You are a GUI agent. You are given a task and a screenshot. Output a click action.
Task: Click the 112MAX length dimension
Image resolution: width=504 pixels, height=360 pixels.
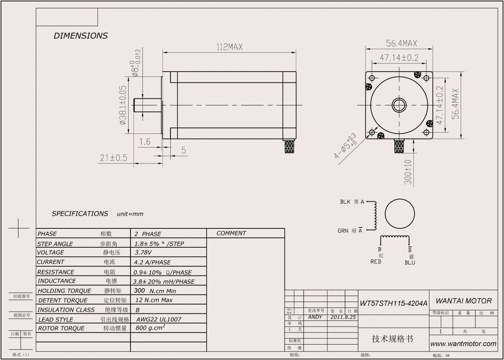[229, 47]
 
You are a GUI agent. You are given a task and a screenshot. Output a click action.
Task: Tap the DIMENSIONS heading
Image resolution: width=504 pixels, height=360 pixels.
[80, 36]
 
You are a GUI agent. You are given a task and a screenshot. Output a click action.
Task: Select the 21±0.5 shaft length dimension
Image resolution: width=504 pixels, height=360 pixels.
[114, 157]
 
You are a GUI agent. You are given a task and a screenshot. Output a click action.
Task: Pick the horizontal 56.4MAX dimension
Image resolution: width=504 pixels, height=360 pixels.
[402, 43]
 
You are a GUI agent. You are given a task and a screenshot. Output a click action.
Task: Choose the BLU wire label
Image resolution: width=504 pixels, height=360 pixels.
[409, 262]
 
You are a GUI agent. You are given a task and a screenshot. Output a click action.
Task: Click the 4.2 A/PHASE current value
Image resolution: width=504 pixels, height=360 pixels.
[153, 262]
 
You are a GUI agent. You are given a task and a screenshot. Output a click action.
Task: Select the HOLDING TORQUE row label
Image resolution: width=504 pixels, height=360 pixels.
[64, 291]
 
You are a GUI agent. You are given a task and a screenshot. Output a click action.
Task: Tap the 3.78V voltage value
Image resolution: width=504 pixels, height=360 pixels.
[144, 252]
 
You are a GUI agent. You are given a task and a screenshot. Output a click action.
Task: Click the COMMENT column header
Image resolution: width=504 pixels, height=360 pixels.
[231, 234]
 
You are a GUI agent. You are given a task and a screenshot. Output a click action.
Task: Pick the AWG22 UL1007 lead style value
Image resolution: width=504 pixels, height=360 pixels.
[159, 319]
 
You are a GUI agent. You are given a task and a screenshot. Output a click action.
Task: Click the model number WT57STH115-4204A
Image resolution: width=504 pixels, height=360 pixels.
[393, 303]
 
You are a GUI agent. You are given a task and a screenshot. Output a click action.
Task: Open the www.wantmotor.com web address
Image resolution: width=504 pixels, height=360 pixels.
[463, 344]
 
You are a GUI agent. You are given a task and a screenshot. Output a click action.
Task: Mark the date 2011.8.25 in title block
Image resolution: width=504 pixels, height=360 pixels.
[343, 317]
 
